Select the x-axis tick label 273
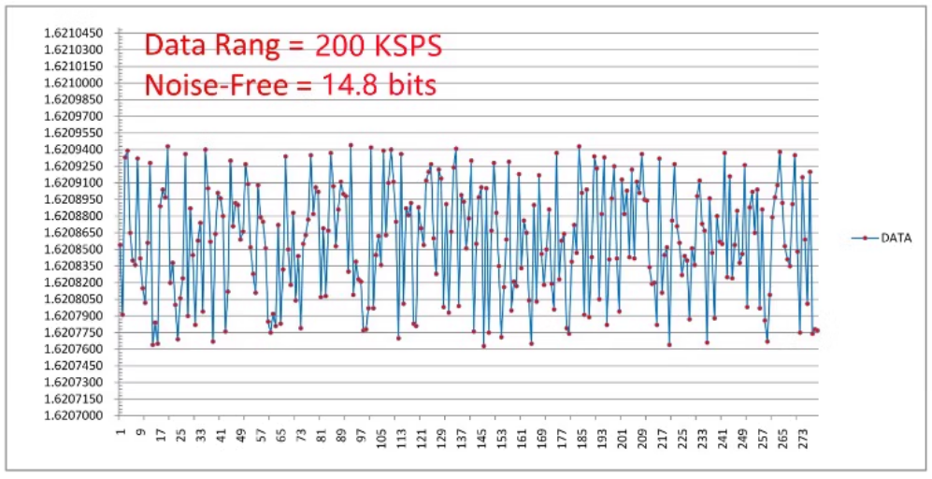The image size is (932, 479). pyautogui.click(x=803, y=436)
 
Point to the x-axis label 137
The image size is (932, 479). pyautogui.click(x=461, y=436)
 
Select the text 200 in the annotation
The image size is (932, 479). pyautogui.click(x=345, y=45)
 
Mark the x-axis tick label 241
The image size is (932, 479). pyautogui.click(x=723, y=436)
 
